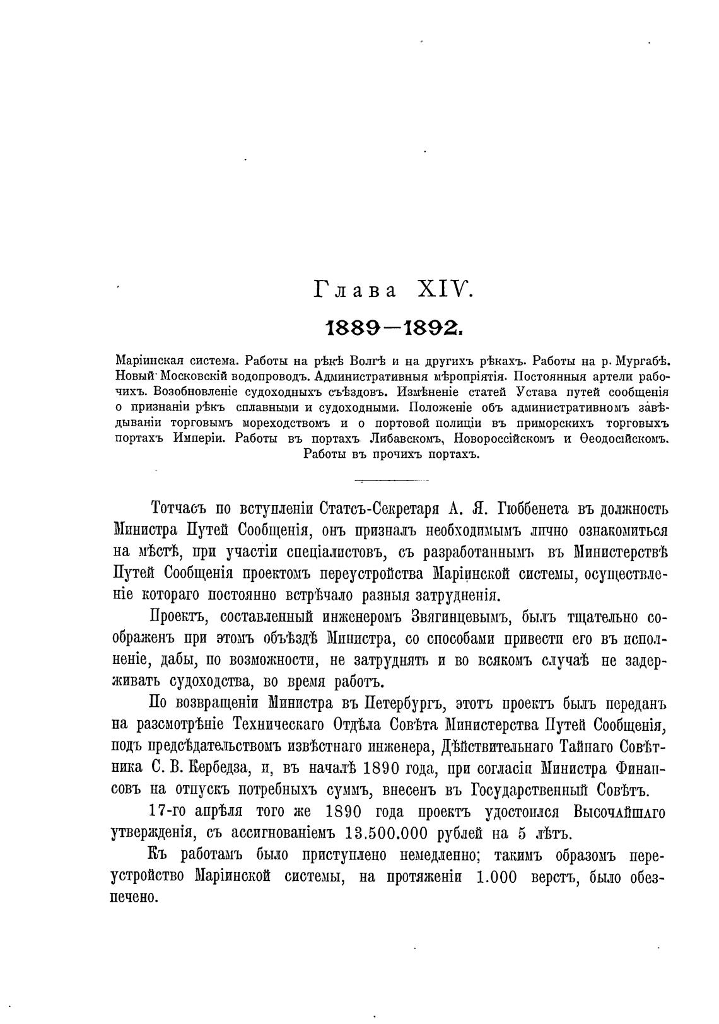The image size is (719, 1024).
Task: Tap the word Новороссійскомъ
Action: (506, 438)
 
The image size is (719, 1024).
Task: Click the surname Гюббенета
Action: (533, 509)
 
